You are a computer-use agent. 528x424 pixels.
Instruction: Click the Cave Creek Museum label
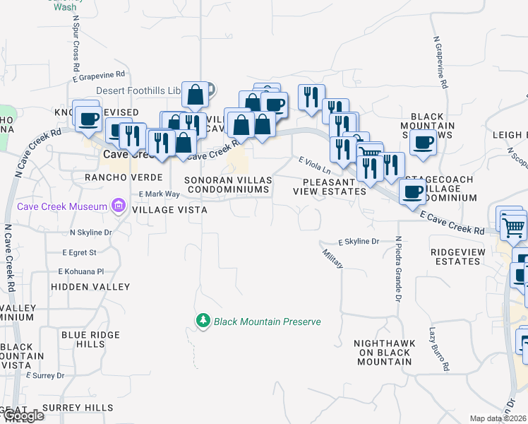(x=64, y=206)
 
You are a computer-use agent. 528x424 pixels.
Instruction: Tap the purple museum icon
(x=118, y=206)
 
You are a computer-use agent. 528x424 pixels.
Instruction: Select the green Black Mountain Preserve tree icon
(x=203, y=322)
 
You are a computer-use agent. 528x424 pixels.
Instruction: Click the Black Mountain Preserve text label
(x=268, y=322)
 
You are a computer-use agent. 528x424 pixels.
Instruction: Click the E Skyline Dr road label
(x=359, y=242)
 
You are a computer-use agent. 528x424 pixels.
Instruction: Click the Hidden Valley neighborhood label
(x=90, y=287)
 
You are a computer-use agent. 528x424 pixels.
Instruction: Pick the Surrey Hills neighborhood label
(x=77, y=408)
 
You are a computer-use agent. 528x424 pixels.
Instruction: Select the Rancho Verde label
(x=124, y=177)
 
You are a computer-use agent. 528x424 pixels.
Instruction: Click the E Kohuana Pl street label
(x=83, y=271)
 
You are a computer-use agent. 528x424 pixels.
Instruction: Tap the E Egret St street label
(x=79, y=252)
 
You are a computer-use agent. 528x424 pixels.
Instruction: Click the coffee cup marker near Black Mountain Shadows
(x=423, y=142)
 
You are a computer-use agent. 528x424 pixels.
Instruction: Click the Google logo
(x=23, y=416)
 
